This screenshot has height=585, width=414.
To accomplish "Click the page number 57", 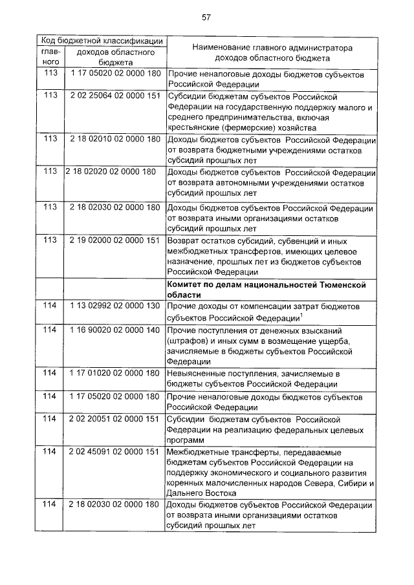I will pos(206,17).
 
